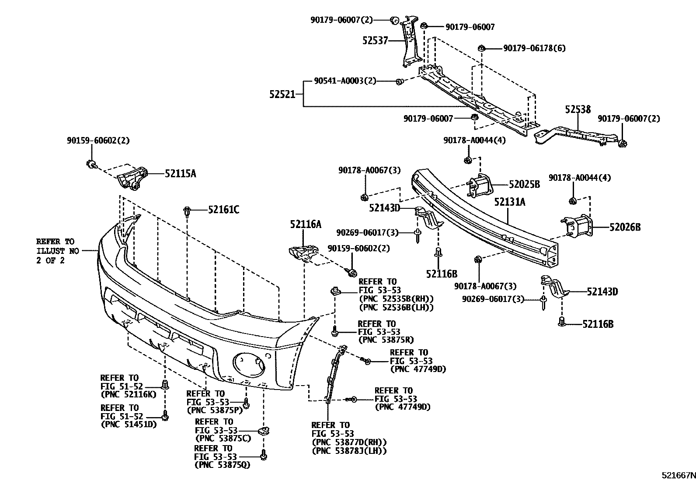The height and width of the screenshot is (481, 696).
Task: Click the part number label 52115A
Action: pyautogui.click(x=180, y=174)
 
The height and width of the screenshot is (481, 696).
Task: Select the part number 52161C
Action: pyautogui.click(x=223, y=210)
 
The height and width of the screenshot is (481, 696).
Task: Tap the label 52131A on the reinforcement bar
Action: pyautogui.click(x=510, y=202)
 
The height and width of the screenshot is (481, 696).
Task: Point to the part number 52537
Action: pyautogui.click(x=375, y=41)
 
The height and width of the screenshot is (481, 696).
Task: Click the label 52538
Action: pyautogui.click(x=578, y=109)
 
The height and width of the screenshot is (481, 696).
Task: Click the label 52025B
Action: pyautogui.click(x=524, y=185)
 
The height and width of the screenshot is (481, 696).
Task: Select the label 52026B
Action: pyautogui.click(x=625, y=227)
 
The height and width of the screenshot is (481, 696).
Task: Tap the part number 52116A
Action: pyautogui.click(x=305, y=225)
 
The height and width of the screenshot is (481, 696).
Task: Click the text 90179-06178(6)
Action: pyautogui.click(x=534, y=48)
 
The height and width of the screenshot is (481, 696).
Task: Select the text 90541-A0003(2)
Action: pyautogui.click(x=345, y=81)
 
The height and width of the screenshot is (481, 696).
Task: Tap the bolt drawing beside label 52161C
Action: pyautogui.click(x=187, y=211)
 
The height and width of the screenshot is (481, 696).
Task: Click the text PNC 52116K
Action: pyautogui.click(x=128, y=394)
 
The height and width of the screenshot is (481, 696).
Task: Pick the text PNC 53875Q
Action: pyautogui.click(x=223, y=464)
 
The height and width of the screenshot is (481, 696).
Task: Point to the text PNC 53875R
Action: pyautogui.click(x=386, y=339)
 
